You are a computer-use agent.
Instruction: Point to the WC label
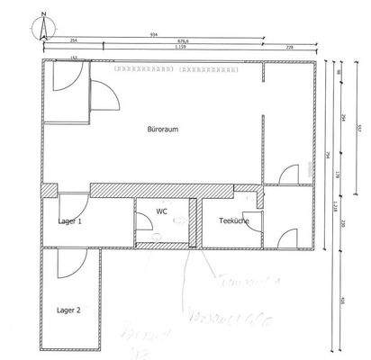pyautogui.click(x=161, y=212)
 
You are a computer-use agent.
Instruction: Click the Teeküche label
pyautogui.click(x=233, y=220)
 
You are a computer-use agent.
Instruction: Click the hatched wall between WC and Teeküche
pyautogui.click(x=199, y=220)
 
